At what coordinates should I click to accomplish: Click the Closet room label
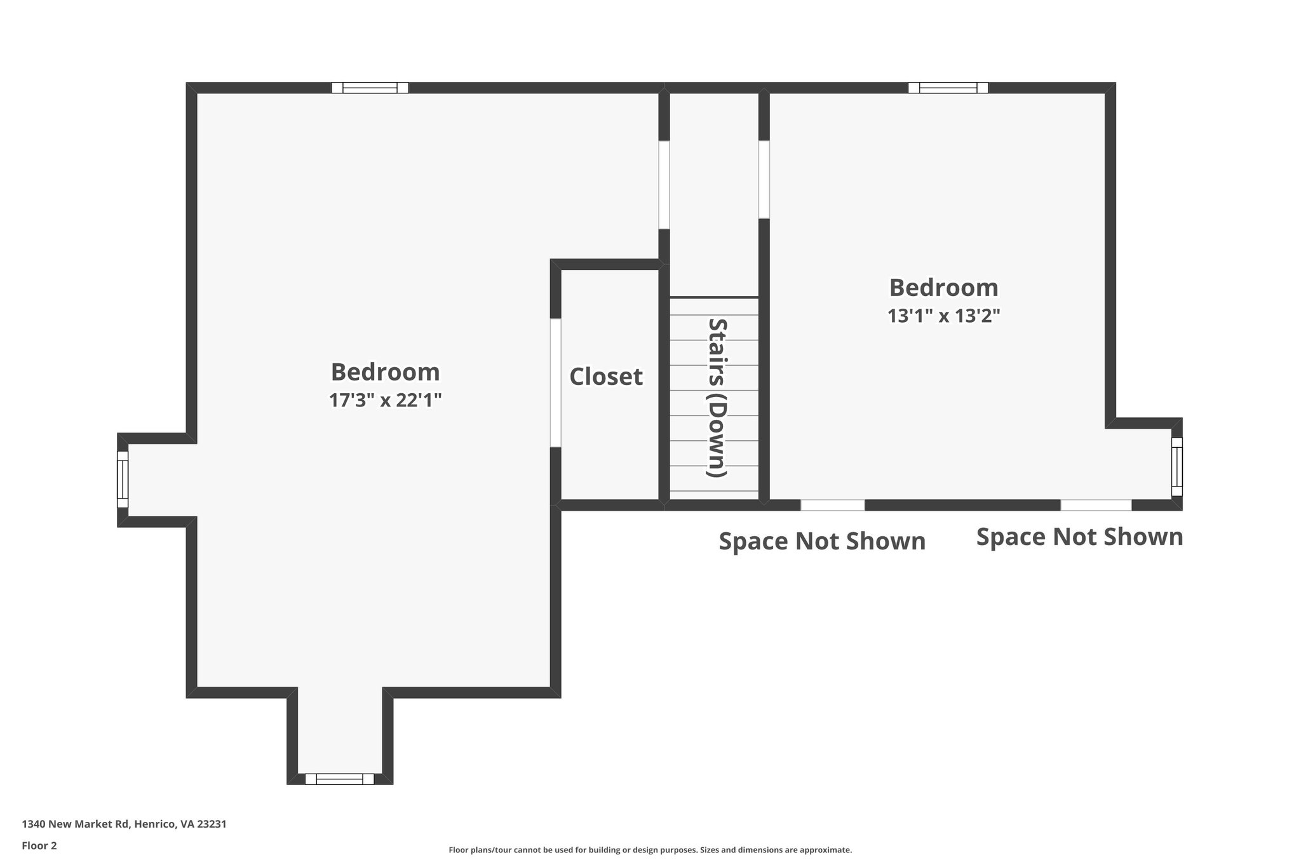[x=605, y=377]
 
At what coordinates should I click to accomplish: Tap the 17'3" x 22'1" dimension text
[x=385, y=401]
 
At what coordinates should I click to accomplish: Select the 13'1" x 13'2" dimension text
[x=943, y=316]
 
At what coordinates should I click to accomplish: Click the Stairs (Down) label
[x=717, y=397]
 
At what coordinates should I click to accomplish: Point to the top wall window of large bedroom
[x=370, y=88]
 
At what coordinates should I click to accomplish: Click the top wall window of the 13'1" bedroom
[x=948, y=88]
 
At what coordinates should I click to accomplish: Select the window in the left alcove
[x=123, y=480]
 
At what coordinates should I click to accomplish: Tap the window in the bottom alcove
[x=339, y=779]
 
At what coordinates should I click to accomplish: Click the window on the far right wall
[x=1176, y=466]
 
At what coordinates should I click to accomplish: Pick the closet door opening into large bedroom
[x=555, y=383]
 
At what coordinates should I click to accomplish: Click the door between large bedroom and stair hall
[x=664, y=185]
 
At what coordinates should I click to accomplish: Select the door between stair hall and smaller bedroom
[x=764, y=180]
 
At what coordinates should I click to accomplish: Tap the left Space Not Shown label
[x=821, y=542]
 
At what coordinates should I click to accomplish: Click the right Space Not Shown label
[x=1079, y=537]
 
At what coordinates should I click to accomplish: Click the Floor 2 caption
[x=39, y=845]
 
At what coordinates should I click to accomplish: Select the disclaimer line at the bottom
[x=650, y=850]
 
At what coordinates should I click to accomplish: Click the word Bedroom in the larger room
[x=385, y=372]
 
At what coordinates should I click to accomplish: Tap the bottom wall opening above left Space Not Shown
[x=832, y=505]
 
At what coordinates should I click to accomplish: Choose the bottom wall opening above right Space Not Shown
[x=1096, y=505]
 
